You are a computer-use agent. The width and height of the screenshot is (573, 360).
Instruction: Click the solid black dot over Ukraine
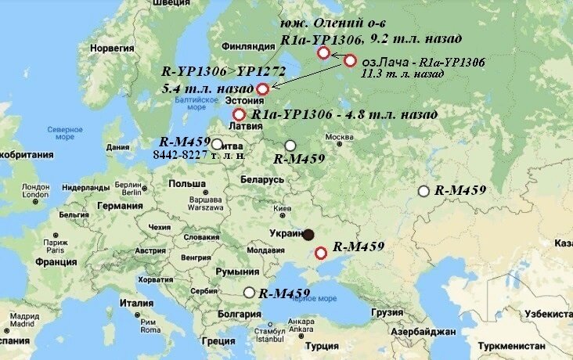[x=309, y=234]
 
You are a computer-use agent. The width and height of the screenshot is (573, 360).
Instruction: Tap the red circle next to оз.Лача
[x=351, y=61]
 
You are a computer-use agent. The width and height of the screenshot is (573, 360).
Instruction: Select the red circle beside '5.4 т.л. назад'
[x=263, y=89]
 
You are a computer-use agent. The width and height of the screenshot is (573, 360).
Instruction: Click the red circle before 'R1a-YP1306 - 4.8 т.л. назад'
[x=239, y=114]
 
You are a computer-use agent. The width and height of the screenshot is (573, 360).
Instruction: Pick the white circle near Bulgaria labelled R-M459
[x=249, y=293]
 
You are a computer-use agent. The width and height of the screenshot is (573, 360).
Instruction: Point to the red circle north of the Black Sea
[x=320, y=252]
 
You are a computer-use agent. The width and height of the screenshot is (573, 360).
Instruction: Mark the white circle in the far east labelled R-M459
[x=423, y=191]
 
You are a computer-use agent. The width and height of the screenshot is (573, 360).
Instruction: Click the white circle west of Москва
[x=290, y=146]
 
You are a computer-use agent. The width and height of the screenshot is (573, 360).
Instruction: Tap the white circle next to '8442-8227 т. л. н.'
[x=217, y=144]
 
